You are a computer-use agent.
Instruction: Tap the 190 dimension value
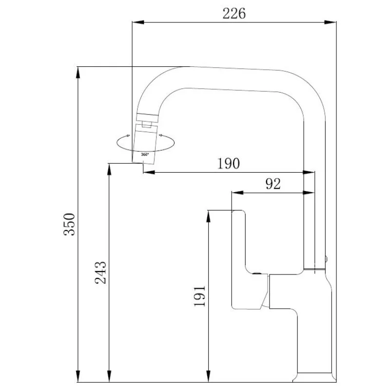pos(228,163)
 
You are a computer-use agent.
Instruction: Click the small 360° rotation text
pos(145,155)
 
